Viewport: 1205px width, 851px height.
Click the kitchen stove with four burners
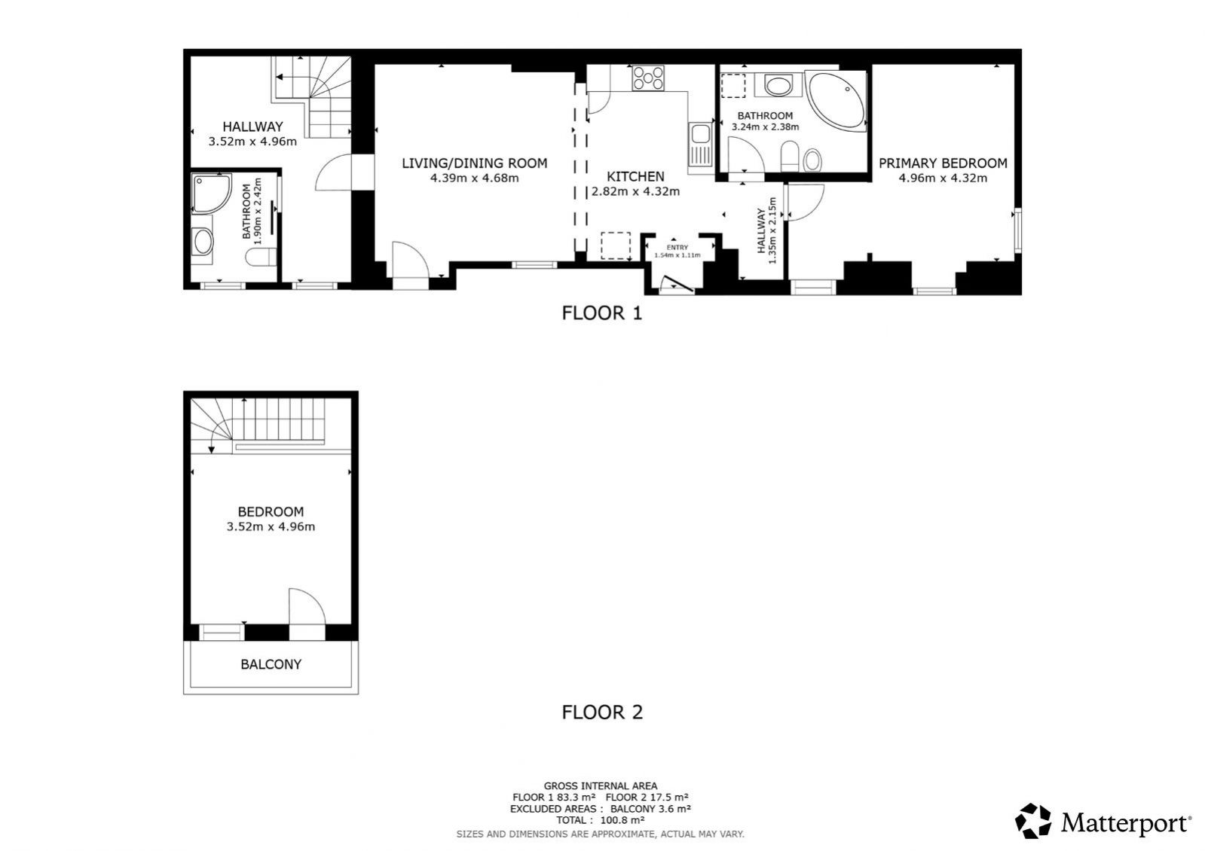(x=647, y=78)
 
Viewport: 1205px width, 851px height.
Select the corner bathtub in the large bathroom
(x=836, y=101)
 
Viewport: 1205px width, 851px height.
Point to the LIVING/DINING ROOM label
(x=475, y=163)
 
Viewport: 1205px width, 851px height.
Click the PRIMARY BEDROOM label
(x=943, y=163)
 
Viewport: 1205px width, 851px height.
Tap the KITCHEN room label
(x=635, y=176)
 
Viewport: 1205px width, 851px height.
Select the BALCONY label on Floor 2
(x=271, y=664)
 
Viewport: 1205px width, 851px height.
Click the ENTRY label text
(x=677, y=247)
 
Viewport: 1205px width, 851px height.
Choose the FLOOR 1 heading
(x=602, y=313)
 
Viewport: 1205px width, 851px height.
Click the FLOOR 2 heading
(x=602, y=712)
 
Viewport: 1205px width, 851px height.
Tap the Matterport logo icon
(x=1033, y=821)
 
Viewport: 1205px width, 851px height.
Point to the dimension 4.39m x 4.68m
(x=475, y=178)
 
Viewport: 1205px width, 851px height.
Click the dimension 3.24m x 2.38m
(x=765, y=127)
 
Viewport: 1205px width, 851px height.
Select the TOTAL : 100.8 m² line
(x=601, y=820)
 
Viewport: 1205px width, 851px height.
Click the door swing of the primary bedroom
(x=806, y=202)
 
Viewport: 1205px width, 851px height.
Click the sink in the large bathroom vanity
(x=778, y=85)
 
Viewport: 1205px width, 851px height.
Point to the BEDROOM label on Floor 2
(x=271, y=512)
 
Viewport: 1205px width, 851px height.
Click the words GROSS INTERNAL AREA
(x=601, y=786)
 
